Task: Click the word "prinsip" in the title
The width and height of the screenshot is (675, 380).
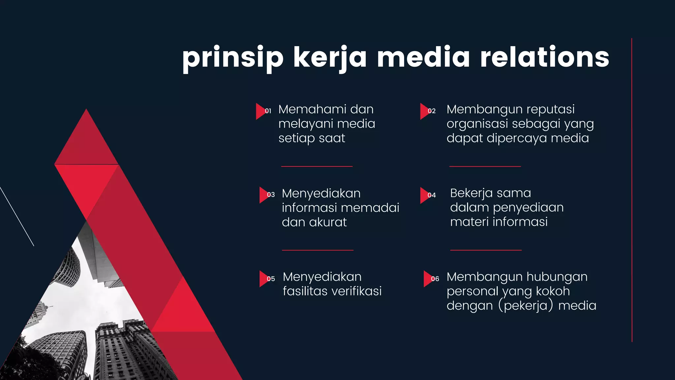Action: click(233, 58)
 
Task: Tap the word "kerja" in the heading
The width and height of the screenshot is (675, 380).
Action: click(330, 58)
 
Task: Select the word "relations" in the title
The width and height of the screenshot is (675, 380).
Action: click(544, 57)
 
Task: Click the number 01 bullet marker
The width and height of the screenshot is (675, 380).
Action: click(268, 111)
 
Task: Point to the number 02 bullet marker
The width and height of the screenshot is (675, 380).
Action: click(431, 111)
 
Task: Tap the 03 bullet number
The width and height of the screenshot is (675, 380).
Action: click(271, 195)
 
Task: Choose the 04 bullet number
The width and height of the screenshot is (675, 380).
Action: click(431, 195)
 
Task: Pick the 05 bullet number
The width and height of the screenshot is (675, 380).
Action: click(271, 279)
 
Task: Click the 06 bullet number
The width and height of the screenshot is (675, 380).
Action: click(435, 279)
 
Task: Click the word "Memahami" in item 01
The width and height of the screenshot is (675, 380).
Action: click(309, 110)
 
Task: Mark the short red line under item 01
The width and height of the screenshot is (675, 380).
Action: click(317, 167)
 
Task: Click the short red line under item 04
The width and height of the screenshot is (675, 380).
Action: click(486, 250)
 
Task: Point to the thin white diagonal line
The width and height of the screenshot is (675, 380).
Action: click(17, 216)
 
